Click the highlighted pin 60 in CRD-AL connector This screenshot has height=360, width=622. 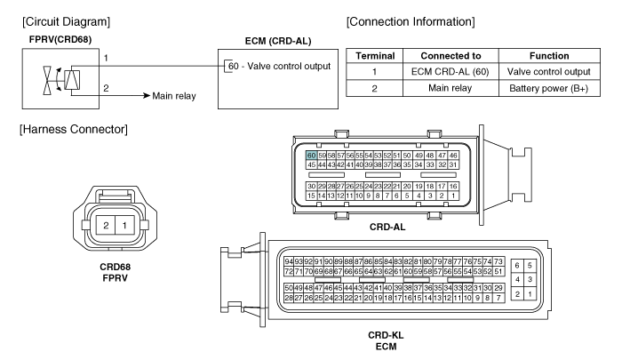pyautogui.click(x=311, y=156)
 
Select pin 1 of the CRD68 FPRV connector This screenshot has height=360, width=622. pyautogui.click(x=124, y=226)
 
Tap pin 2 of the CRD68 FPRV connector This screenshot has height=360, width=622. pyautogui.click(x=106, y=226)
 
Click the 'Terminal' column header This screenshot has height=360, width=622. pyautogui.click(x=375, y=56)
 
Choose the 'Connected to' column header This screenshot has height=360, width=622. pyautogui.click(x=451, y=56)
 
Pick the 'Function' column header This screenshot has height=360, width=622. pyautogui.click(x=549, y=56)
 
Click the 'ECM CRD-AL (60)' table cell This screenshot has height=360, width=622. pyautogui.click(x=451, y=72)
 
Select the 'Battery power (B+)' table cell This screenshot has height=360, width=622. pyautogui.click(x=549, y=88)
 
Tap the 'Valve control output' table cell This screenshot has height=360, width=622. pyautogui.click(x=549, y=72)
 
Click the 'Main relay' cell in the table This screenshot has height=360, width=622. pyautogui.click(x=451, y=88)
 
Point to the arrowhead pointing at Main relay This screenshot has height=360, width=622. pyautogui.click(x=148, y=96)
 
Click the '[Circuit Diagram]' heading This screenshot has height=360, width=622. pyautogui.click(x=67, y=21)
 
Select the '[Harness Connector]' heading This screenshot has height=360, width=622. pyautogui.click(x=74, y=130)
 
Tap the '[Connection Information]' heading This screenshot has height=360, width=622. pyautogui.click(x=411, y=21)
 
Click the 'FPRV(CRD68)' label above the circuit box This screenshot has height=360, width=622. pyautogui.click(x=60, y=40)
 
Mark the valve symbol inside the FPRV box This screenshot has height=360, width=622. pyautogui.click(x=48, y=81)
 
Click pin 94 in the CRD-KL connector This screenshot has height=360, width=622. pyautogui.click(x=289, y=261)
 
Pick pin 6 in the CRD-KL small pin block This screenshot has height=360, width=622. pyautogui.click(x=517, y=266)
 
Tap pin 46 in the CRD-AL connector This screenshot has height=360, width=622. pyautogui.click(x=453, y=156)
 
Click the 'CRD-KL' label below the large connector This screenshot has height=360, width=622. pyautogui.click(x=386, y=335)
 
